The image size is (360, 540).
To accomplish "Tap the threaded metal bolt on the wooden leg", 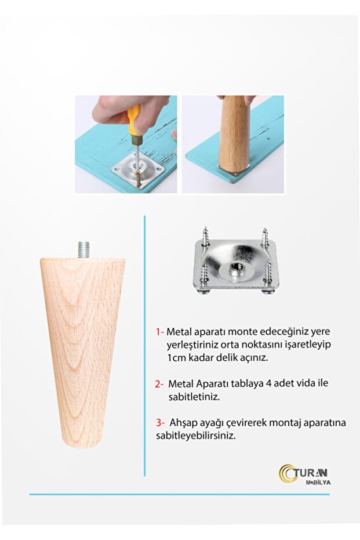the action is (83, 249).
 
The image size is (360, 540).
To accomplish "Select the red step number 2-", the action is (159, 384).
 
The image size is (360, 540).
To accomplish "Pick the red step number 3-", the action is (161, 423).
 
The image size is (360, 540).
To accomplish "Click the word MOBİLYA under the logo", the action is (318, 483).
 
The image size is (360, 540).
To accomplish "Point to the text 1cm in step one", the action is (177, 357).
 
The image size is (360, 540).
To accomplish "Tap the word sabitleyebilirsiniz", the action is (196, 436).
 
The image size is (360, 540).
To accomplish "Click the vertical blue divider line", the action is (144, 346).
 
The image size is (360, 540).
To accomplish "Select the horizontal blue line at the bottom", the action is (179, 495).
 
